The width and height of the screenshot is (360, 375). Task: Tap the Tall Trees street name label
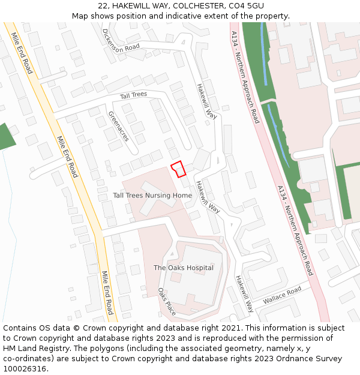(133, 95)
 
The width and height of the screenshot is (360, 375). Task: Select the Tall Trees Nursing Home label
(152, 196)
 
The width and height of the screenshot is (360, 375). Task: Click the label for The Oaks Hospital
(184, 268)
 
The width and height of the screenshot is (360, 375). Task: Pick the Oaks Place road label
(166, 302)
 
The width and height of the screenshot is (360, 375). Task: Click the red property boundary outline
(178, 169)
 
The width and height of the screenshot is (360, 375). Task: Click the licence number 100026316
(25, 369)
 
